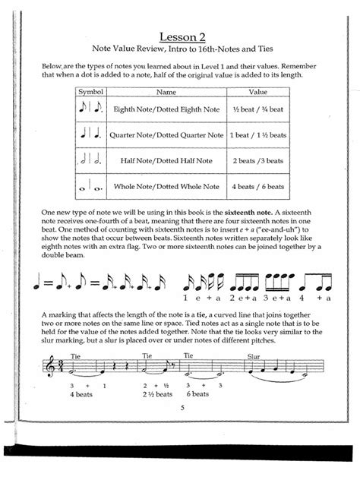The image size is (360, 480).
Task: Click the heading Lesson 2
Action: click(182, 36)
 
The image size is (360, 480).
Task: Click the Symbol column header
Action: click(90, 91)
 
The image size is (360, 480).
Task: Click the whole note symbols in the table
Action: click(90, 186)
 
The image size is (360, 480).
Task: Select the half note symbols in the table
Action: click(90, 160)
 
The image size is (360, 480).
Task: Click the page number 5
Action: click(182, 408)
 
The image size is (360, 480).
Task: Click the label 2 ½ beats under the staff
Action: click(155, 393)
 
